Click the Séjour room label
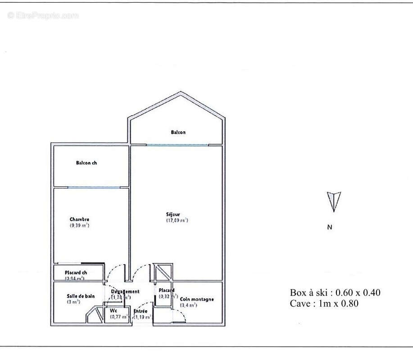(173, 214)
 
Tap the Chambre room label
(79, 219)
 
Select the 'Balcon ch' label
(86, 163)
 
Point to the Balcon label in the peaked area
(178, 132)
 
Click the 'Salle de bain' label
(80, 296)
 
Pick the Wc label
(113, 310)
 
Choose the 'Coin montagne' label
(197, 299)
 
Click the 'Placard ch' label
(76, 273)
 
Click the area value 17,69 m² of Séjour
(177, 220)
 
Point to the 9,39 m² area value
(79, 225)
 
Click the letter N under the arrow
(330, 227)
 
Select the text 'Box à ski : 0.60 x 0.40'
(335, 292)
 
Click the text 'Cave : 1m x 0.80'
(324, 303)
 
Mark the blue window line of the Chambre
(94, 187)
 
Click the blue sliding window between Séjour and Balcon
(177, 144)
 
